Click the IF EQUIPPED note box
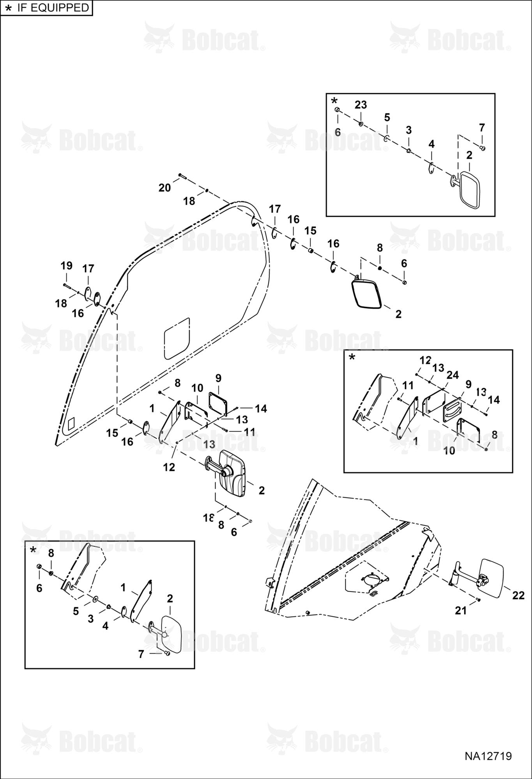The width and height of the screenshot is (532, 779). click(x=46, y=8)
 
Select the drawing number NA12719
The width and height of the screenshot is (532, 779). click(x=488, y=756)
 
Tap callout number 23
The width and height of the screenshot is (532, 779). click(x=361, y=105)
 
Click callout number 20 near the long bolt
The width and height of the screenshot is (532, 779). click(x=164, y=188)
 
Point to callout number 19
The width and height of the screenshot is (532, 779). click(x=66, y=266)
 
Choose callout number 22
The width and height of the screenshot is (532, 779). click(x=518, y=595)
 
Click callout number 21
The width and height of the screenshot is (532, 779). click(x=461, y=611)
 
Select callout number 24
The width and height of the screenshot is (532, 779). click(x=452, y=375)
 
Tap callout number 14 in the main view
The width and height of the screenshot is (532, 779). click(x=261, y=408)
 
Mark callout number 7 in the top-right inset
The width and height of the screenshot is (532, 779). click(x=482, y=127)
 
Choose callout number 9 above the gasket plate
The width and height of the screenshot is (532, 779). click(x=218, y=378)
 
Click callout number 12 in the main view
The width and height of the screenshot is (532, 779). click(x=169, y=467)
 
